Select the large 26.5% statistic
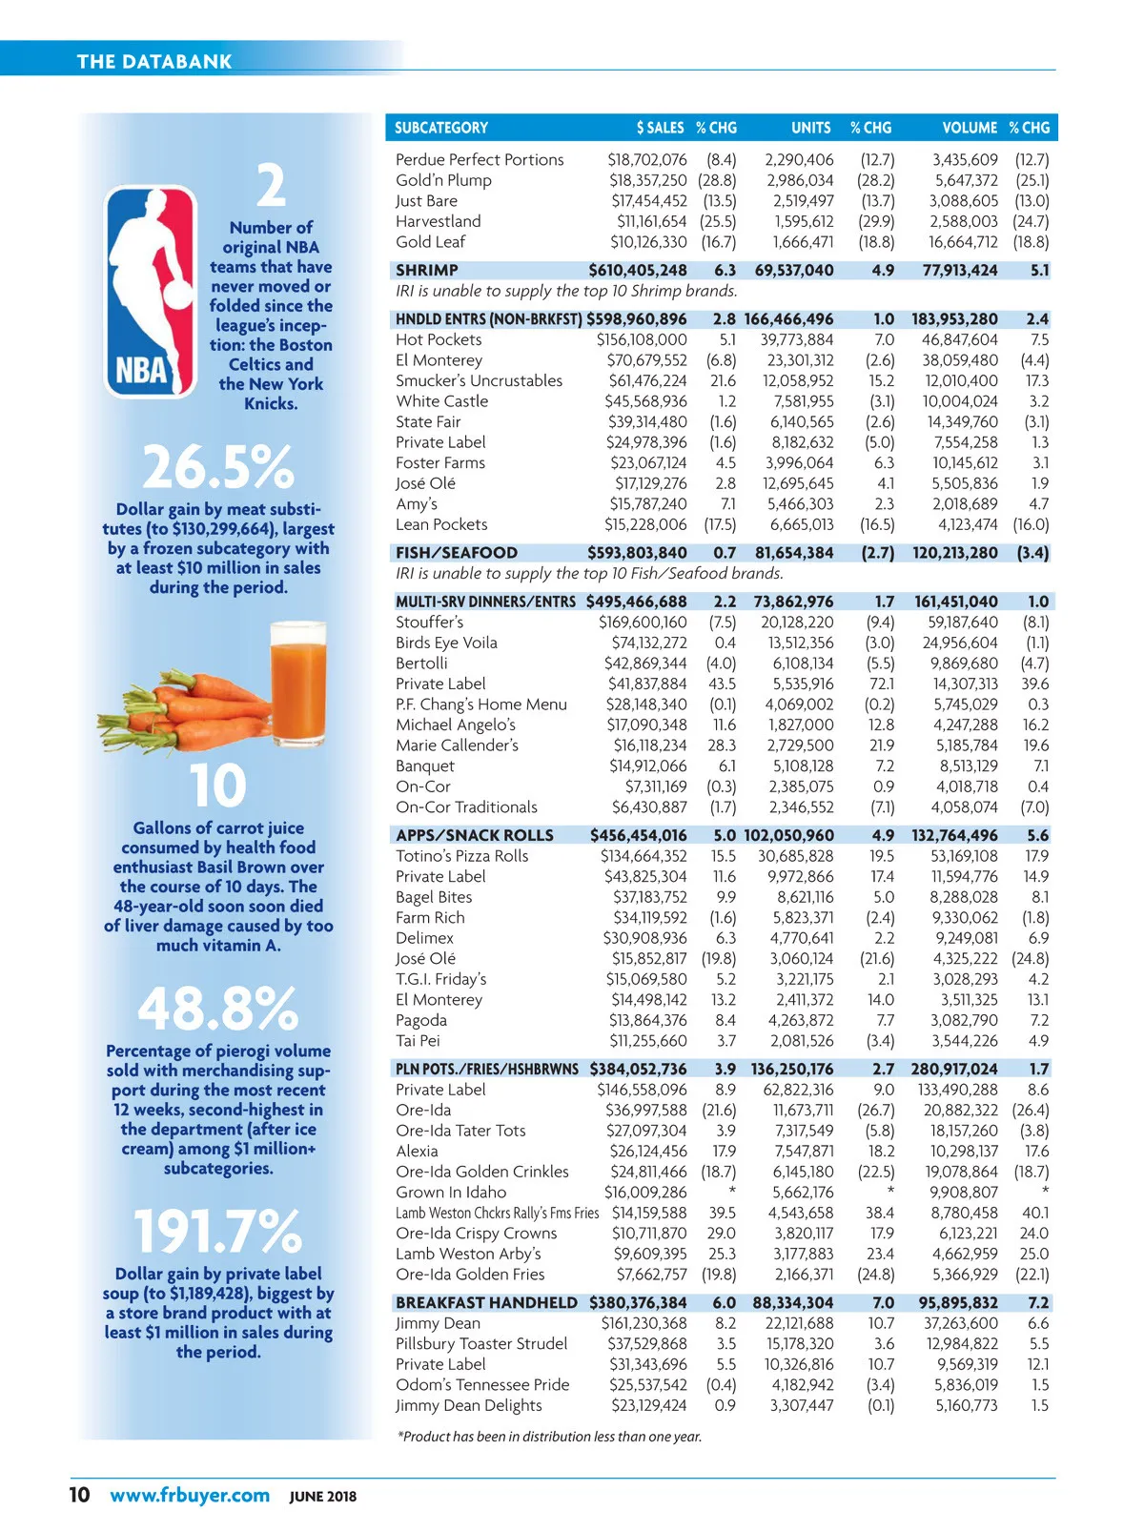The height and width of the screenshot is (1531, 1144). [x=218, y=467]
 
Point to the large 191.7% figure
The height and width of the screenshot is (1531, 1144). [x=217, y=1231]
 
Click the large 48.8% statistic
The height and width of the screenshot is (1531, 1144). [x=218, y=1008]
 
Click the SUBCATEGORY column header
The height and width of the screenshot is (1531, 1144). [x=441, y=128]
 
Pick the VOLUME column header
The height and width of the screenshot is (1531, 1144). [x=969, y=128]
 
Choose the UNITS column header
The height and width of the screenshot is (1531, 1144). [x=810, y=128]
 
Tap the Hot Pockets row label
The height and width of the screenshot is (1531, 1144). [x=439, y=339]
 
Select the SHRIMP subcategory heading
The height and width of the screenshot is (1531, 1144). [x=427, y=271]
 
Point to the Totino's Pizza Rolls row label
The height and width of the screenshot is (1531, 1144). [x=461, y=856]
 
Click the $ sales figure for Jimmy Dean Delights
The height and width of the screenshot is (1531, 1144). [x=648, y=1405]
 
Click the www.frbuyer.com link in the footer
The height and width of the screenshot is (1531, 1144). [x=190, y=1495]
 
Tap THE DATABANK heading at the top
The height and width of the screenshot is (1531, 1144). [x=154, y=62]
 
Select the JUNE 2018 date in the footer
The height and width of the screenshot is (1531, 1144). [x=323, y=1497]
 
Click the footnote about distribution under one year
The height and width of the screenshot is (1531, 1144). [x=549, y=1437]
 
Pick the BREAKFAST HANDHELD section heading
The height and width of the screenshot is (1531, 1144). [x=486, y=1303]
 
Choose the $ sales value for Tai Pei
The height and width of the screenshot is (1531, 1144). [x=648, y=1041]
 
